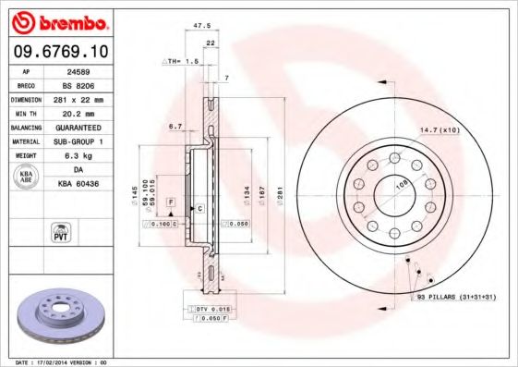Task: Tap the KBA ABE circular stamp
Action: [26, 176]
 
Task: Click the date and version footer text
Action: [62, 362]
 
